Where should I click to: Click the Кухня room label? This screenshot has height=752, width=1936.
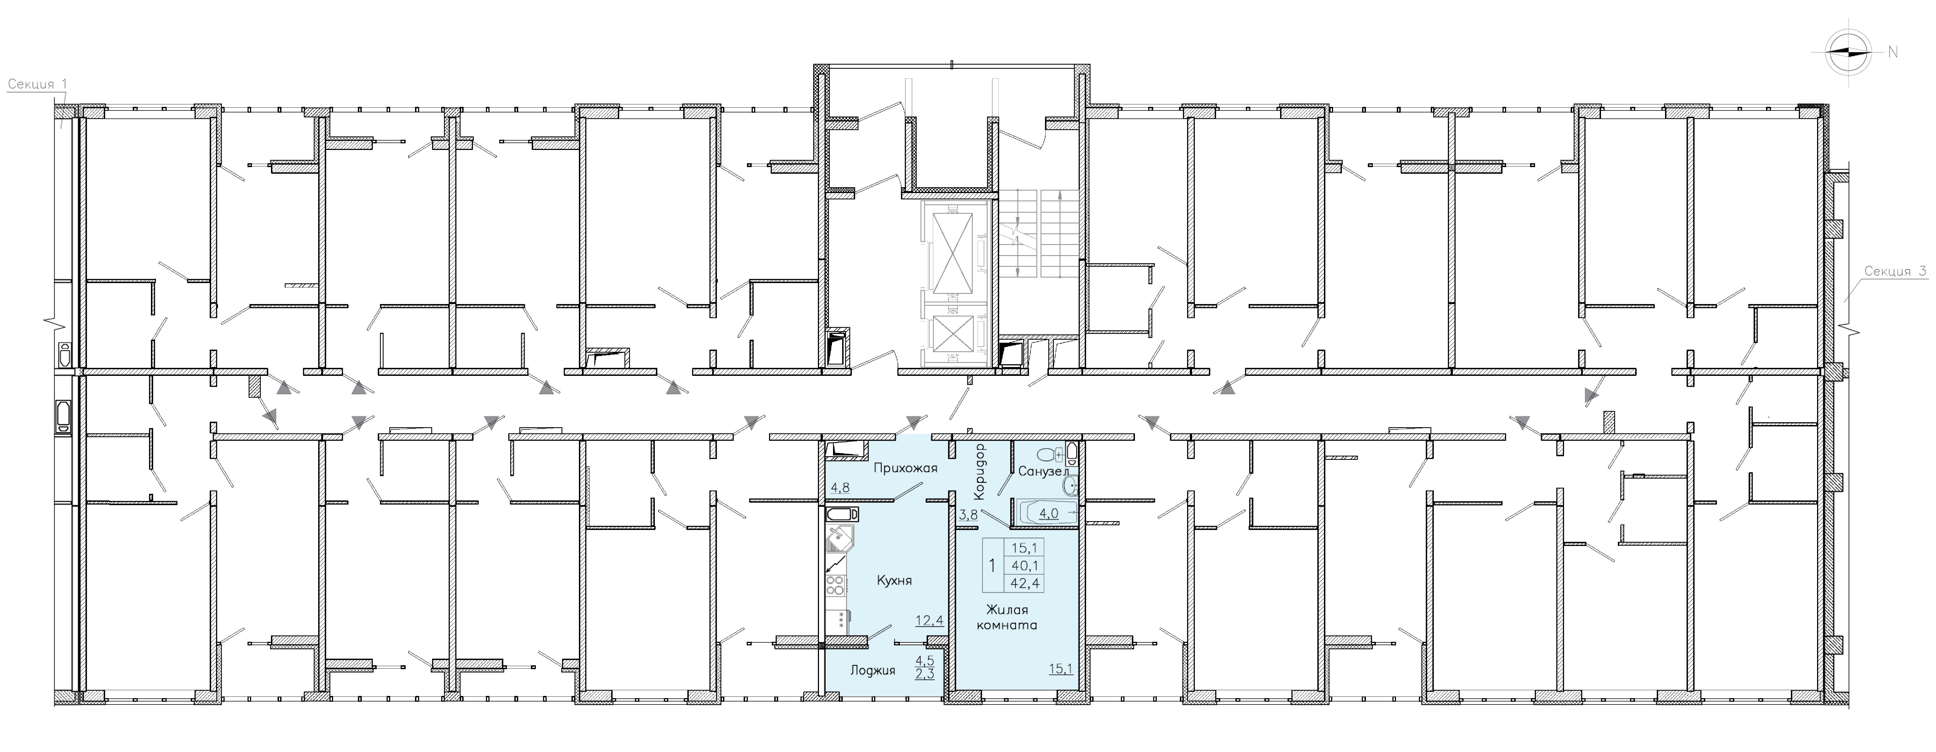(894, 581)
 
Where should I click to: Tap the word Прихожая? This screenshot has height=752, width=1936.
(905, 468)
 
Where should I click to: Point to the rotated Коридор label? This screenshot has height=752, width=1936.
(978, 471)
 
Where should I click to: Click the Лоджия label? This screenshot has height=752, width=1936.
(873, 670)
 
